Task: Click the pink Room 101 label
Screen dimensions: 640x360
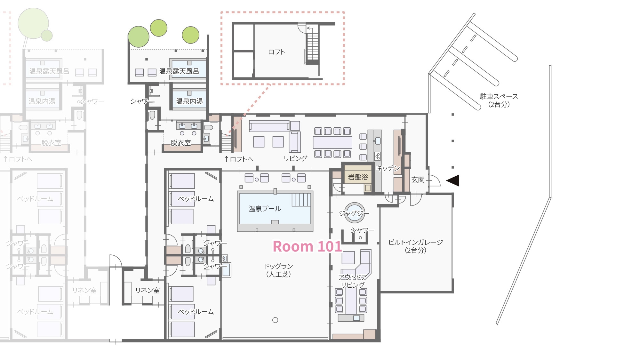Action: pyautogui.click(x=307, y=246)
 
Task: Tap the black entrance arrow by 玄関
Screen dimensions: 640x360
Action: pyautogui.click(x=453, y=180)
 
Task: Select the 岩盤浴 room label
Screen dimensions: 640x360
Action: pyautogui.click(x=358, y=177)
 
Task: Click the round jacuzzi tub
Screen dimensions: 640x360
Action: pyautogui.click(x=354, y=212)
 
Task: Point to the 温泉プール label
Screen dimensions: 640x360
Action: pyautogui.click(x=265, y=209)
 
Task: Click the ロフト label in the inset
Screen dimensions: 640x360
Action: pyautogui.click(x=276, y=52)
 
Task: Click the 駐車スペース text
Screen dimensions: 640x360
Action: pyautogui.click(x=499, y=96)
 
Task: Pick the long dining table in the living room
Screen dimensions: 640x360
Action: pyautogui.click(x=332, y=142)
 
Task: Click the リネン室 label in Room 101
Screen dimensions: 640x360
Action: pyautogui.click(x=147, y=290)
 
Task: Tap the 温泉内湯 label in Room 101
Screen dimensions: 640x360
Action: pyautogui.click(x=189, y=101)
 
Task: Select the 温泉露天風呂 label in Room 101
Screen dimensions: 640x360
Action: pyautogui.click(x=179, y=71)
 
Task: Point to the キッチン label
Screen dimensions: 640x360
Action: pyautogui.click(x=388, y=168)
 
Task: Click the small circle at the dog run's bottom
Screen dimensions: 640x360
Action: pyautogui.click(x=275, y=320)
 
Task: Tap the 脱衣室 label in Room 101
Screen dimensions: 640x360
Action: pyautogui.click(x=181, y=143)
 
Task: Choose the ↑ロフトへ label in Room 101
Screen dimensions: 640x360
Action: pyautogui.click(x=239, y=159)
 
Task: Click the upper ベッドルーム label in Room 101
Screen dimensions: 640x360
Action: pyautogui.click(x=196, y=199)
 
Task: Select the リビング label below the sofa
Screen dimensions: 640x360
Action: pyautogui.click(x=295, y=158)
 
